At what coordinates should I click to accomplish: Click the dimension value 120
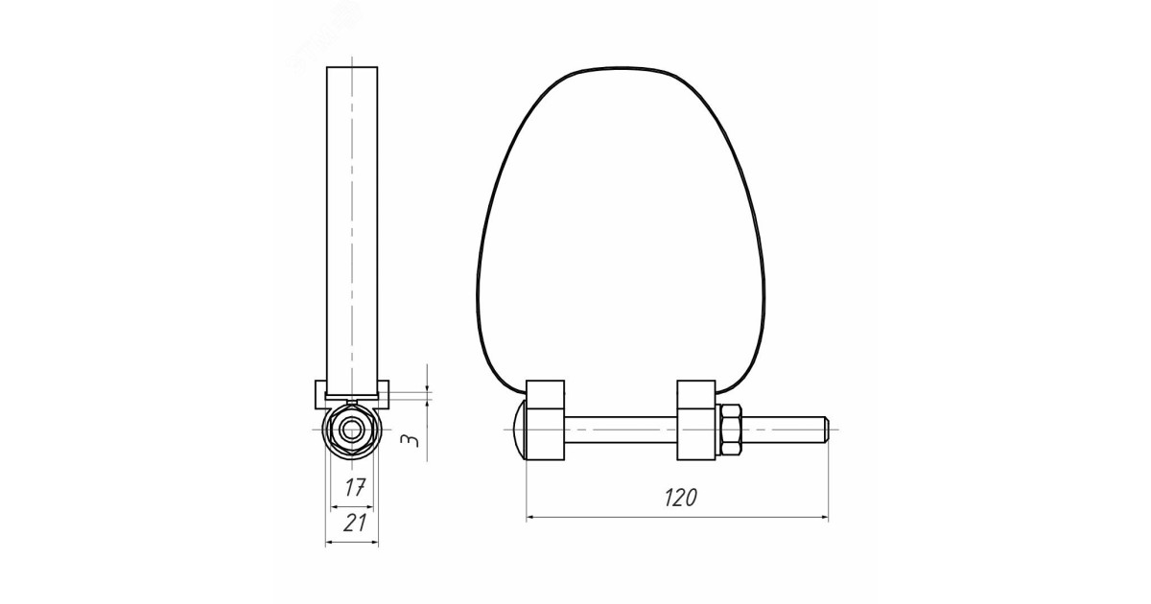(x=681, y=498)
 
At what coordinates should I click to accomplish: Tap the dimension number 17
(x=355, y=487)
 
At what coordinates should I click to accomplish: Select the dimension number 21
(x=355, y=523)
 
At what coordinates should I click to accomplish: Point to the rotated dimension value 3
(x=410, y=441)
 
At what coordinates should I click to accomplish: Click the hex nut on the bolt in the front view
(x=730, y=430)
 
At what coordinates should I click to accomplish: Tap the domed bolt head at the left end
(x=520, y=430)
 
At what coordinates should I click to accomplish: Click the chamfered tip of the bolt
(x=826, y=430)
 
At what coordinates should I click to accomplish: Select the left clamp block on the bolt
(x=545, y=420)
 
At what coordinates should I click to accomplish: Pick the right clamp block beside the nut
(x=696, y=420)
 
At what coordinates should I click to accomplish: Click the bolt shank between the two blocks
(x=621, y=430)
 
